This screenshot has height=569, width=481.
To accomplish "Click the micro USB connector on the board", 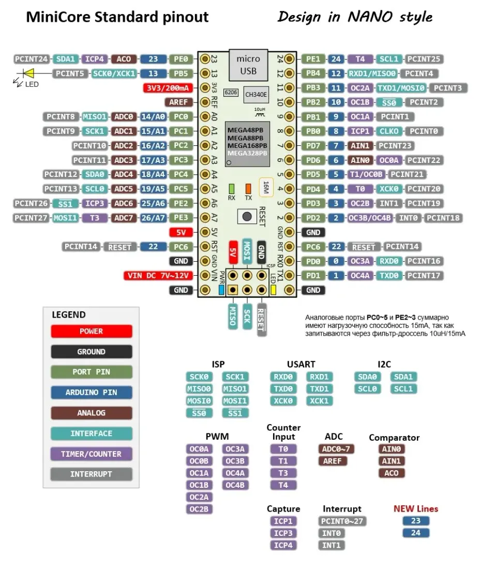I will coord(248,64).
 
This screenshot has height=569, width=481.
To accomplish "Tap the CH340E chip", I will coord(255,94).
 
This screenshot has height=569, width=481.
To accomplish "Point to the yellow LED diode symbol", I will coord(28,73).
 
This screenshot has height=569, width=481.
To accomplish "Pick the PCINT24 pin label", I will coord(32,59).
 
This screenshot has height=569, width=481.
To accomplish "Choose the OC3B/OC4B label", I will coord(370,218).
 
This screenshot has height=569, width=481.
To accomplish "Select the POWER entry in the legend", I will coord(92,331).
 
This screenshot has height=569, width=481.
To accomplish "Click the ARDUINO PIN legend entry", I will coord(92,393).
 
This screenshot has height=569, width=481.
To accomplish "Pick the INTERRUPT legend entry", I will coord(92,474).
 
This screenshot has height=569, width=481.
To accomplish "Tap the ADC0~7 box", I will coord(336,449).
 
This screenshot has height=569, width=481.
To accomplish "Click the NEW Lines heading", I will coord(415,508).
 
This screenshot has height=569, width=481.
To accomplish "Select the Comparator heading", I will coord(394,438).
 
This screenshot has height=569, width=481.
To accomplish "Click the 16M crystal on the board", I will coord(266,187).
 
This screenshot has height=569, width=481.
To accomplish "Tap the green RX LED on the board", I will coord(232,189).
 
